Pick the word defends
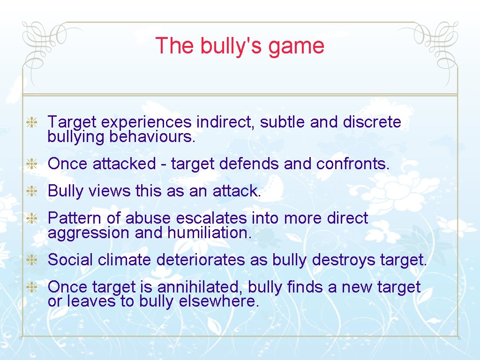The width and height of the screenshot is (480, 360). coord(251,164)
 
